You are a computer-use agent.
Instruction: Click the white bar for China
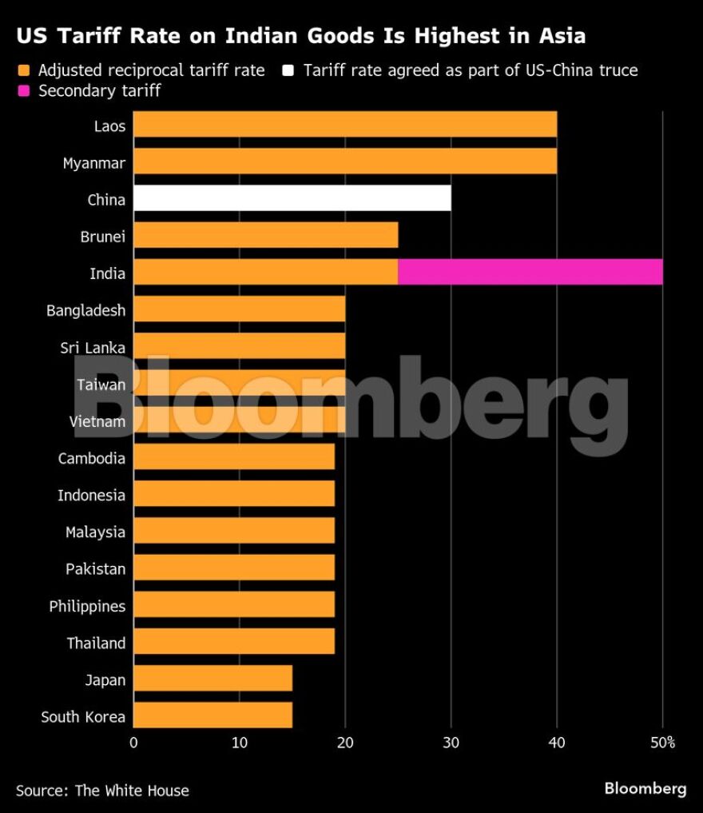tap(292, 198)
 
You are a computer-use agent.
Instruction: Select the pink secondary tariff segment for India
tap(530, 273)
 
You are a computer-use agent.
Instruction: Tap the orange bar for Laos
tap(344, 125)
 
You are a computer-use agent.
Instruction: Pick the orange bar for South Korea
tap(212, 715)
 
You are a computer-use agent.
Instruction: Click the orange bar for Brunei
tap(265, 236)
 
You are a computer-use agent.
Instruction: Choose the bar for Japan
tap(212, 679)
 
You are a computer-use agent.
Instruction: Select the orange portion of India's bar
tap(265, 273)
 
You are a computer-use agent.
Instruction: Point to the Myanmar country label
tap(93, 163)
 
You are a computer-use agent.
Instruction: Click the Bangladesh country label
tap(85, 310)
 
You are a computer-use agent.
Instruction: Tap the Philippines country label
tap(87, 606)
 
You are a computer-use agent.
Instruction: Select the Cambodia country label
tap(91, 458)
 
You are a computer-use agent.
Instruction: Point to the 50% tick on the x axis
tap(662, 743)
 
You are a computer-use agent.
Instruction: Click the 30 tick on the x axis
tap(451, 743)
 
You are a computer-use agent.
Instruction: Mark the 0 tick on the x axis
tap(133, 743)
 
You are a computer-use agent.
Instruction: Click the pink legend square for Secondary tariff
tap(23, 91)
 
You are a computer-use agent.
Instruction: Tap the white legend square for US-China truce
tap(288, 70)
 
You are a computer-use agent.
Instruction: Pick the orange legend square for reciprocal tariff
tap(23, 70)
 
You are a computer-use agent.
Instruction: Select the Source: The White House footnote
tap(102, 791)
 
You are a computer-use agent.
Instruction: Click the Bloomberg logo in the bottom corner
tap(645, 789)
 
